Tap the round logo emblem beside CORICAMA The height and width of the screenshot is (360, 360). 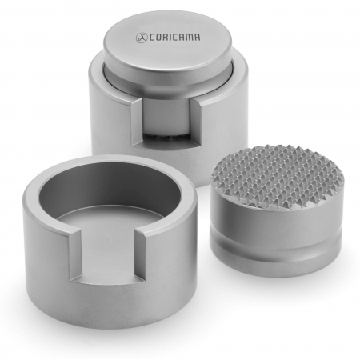[x=142, y=38]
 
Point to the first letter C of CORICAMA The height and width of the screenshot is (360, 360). [x=152, y=38]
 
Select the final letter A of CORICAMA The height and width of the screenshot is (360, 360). [x=197, y=37]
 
